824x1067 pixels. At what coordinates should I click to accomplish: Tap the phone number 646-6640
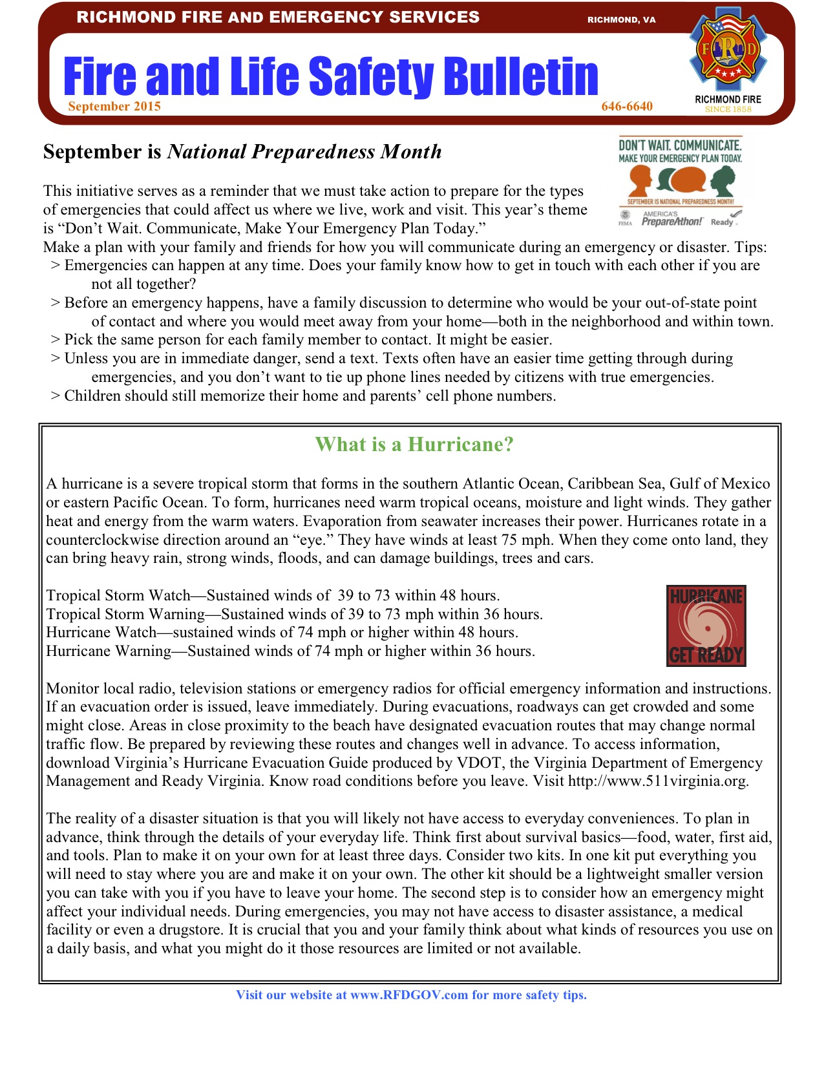[x=627, y=107]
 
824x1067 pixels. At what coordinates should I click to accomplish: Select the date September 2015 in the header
[x=114, y=107]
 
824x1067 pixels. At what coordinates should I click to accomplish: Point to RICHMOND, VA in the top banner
[x=621, y=20]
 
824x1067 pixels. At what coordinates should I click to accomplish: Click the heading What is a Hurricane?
[x=414, y=445]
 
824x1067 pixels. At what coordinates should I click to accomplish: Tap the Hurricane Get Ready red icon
[x=706, y=626]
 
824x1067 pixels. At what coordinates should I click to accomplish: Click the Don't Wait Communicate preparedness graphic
[x=681, y=182]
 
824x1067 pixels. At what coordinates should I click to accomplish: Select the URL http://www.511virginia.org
[x=657, y=781]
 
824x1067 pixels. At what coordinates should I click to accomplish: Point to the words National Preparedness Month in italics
[x=304, y=152]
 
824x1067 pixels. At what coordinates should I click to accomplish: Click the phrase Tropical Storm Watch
[x=118, y=596]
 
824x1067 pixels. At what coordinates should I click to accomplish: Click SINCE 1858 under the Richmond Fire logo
[x=728, y=110]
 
